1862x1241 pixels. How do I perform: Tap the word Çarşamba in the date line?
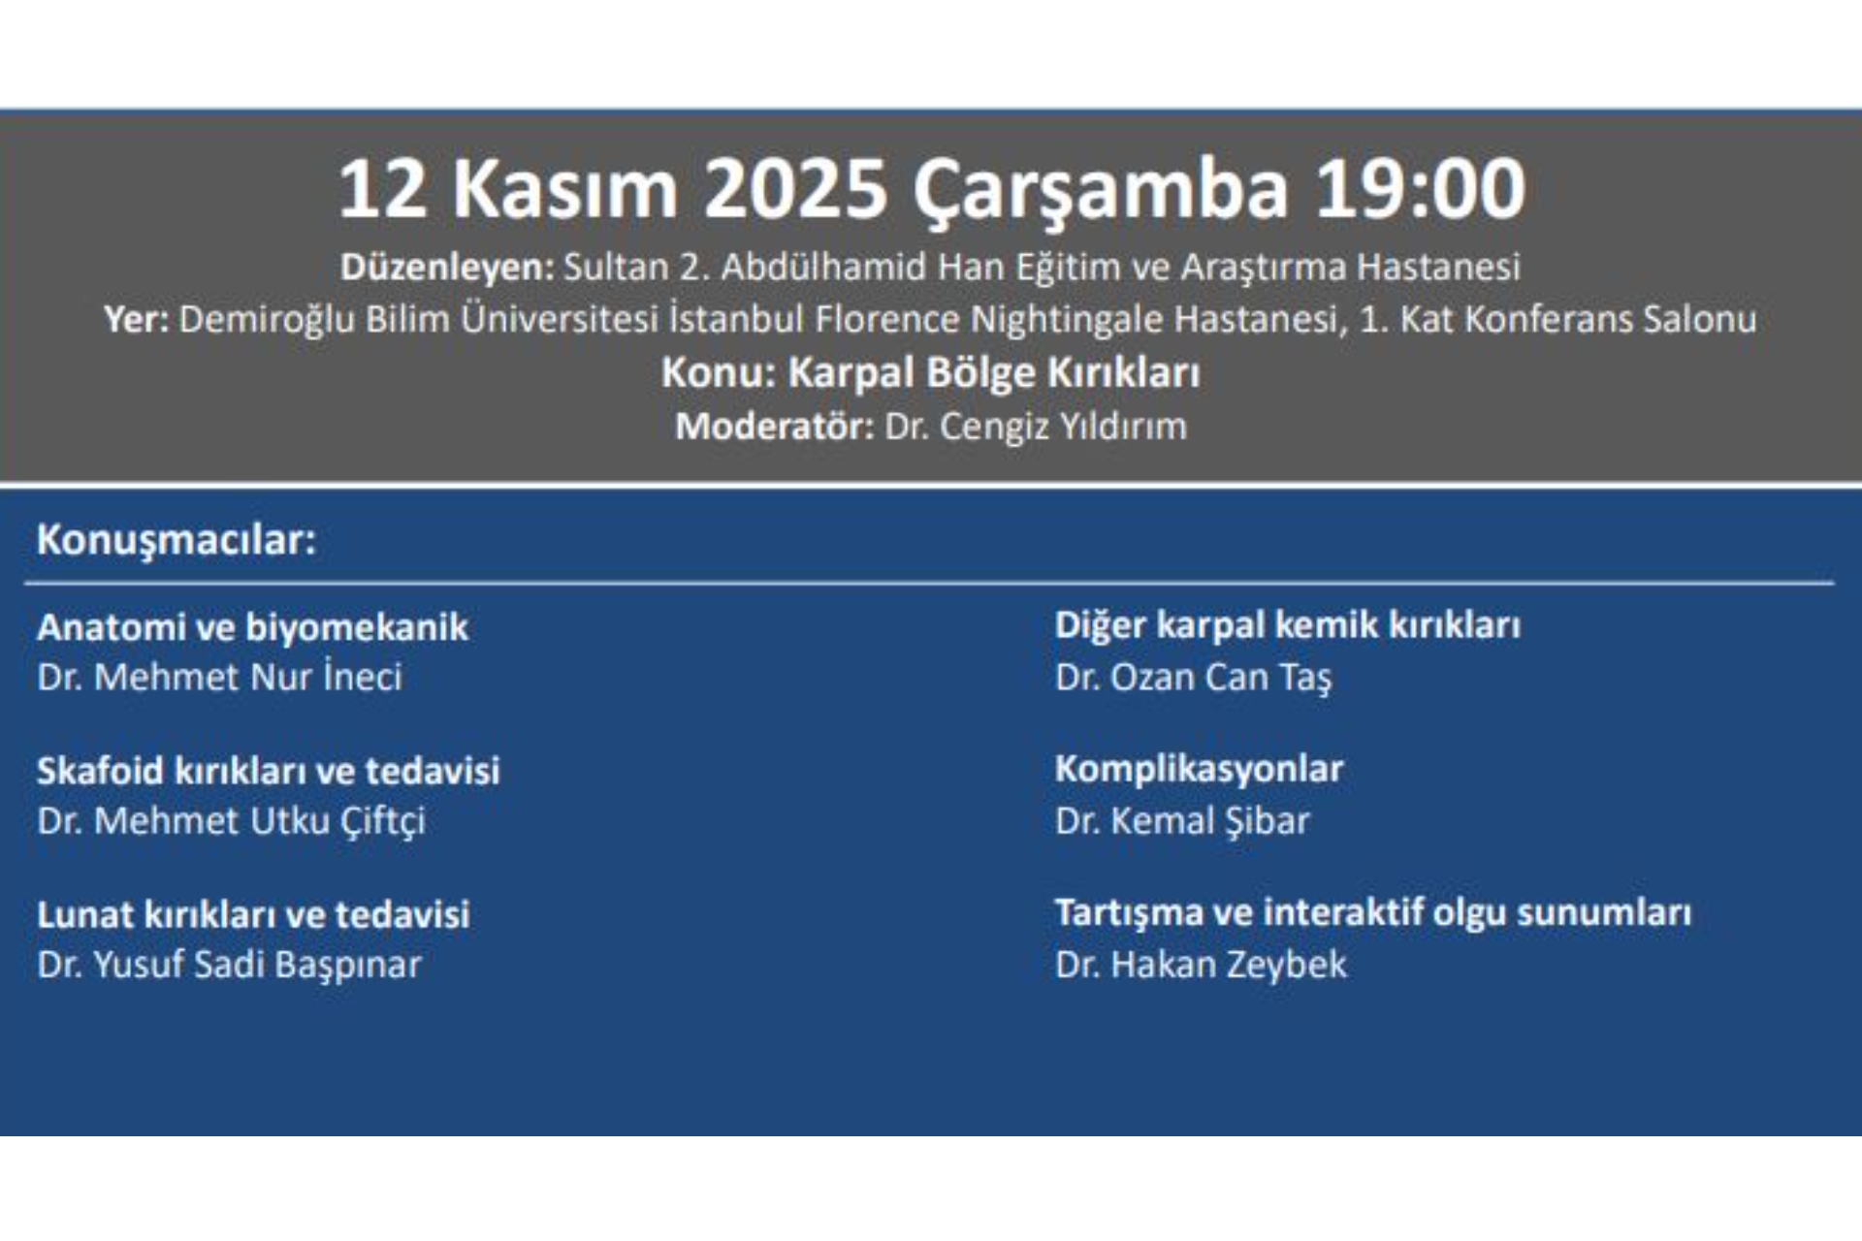click(x=1100, y=190)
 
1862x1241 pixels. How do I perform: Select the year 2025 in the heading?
click(x=795, y=188)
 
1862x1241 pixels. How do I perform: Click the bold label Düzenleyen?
click(x=447, y=268)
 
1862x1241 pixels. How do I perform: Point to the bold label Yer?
click(x=137, y=320)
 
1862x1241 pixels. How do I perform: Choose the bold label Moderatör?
click(x=775, y=427)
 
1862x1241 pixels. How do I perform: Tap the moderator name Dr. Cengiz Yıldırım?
click(x=1035, y=427)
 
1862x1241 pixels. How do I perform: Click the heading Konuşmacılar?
click(x=177, y=540)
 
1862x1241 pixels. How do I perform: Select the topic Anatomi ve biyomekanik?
click(x=252, y=627)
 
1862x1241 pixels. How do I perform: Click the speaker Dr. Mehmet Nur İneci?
click(x=219, y=677)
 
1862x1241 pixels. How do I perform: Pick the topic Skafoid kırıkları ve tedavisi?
click(x=269, y=771)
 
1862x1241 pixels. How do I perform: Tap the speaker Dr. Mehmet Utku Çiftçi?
click(x=231, y=821)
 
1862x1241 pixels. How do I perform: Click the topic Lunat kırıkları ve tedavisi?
click(x=253, y=914)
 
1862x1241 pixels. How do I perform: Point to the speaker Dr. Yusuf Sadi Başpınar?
click(x=229, y=965)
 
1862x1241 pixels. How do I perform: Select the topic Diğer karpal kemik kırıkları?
click(x=1287, y=625)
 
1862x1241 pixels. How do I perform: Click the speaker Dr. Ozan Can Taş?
click(x=1193, y=678)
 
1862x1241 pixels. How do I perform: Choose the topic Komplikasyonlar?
click(x=1199, y=769)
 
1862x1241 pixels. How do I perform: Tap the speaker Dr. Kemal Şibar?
click(x=1182, y=821)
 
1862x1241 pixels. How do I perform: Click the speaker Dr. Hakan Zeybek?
click(x=1201, y=965)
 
